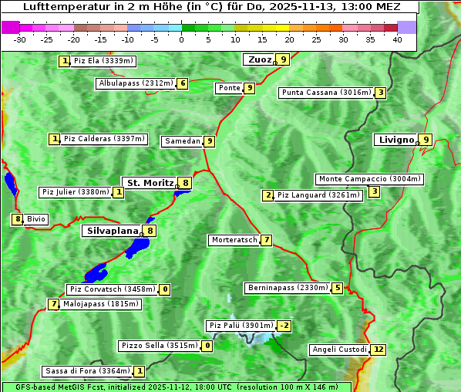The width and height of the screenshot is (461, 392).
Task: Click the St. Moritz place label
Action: coord(150,183)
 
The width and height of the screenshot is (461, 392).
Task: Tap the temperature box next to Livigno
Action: coord(426,140)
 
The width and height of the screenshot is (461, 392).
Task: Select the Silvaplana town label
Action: coord(112,230)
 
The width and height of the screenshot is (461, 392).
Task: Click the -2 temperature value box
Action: coord(284,326)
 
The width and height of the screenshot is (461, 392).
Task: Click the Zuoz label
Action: coord(259,59)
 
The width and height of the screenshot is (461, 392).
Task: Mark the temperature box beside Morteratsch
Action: coord(267,240)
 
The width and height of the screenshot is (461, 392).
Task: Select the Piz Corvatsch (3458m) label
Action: coord(113,289)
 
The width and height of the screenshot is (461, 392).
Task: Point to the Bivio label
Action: coord(36,219)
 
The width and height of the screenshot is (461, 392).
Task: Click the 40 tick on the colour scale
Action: coord(397,39)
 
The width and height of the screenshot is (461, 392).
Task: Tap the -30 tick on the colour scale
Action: coord(20,39)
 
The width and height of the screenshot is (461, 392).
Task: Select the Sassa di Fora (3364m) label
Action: coord(87,371)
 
